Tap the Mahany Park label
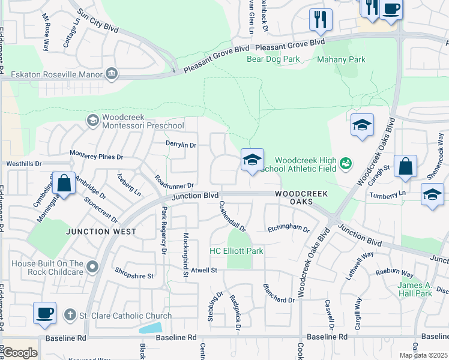(x=341, y=59)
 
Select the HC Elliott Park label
(x=236, y=251)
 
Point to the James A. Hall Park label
(x=415, y=289)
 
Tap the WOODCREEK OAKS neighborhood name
(x=302, y=197)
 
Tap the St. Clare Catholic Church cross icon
(x=70, y=315)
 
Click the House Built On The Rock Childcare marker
(x=92, y=265)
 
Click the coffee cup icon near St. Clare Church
(x=44, y=313)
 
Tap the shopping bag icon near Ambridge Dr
(x=64, y=183)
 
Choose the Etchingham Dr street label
(x=288, y=229)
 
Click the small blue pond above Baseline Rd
(x=150, y=328)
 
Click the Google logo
(x=19, y=353)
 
